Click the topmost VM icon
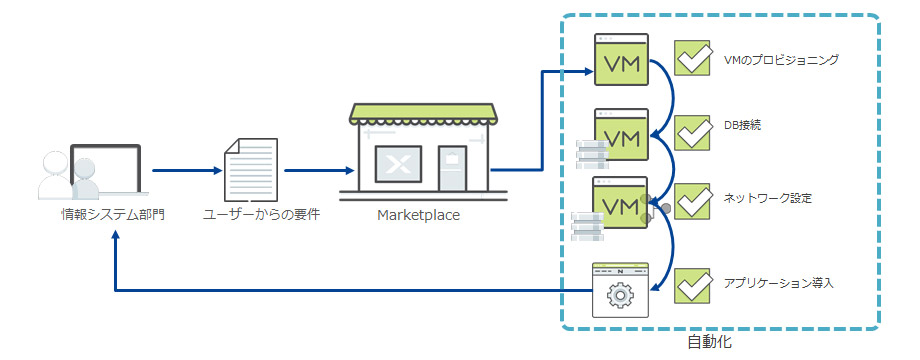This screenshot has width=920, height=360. [621, 61]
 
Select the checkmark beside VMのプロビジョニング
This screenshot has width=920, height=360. [692, 58]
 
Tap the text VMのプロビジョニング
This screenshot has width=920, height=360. [780, 60]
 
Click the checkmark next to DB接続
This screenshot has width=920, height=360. [692, 131]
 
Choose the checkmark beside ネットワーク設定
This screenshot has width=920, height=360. [692, 199]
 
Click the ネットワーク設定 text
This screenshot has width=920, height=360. [767, 198]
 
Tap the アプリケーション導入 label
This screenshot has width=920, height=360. [778, 284]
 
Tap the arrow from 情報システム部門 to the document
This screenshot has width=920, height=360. [183, 170]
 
